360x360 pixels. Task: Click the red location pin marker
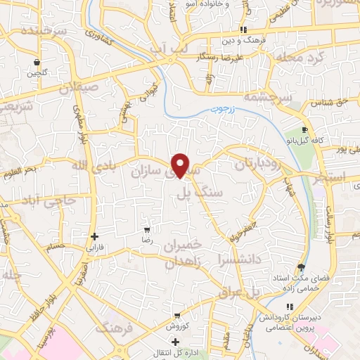pos(181,165)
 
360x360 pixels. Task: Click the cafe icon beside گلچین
pos(35,62)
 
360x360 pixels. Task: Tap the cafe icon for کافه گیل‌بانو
pos(304,130)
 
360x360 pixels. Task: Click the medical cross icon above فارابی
pos(95,237)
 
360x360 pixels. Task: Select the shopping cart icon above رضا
pos(147,229)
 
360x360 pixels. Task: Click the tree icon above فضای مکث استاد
pos(301,267)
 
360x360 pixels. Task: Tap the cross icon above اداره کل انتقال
pos(175,342)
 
